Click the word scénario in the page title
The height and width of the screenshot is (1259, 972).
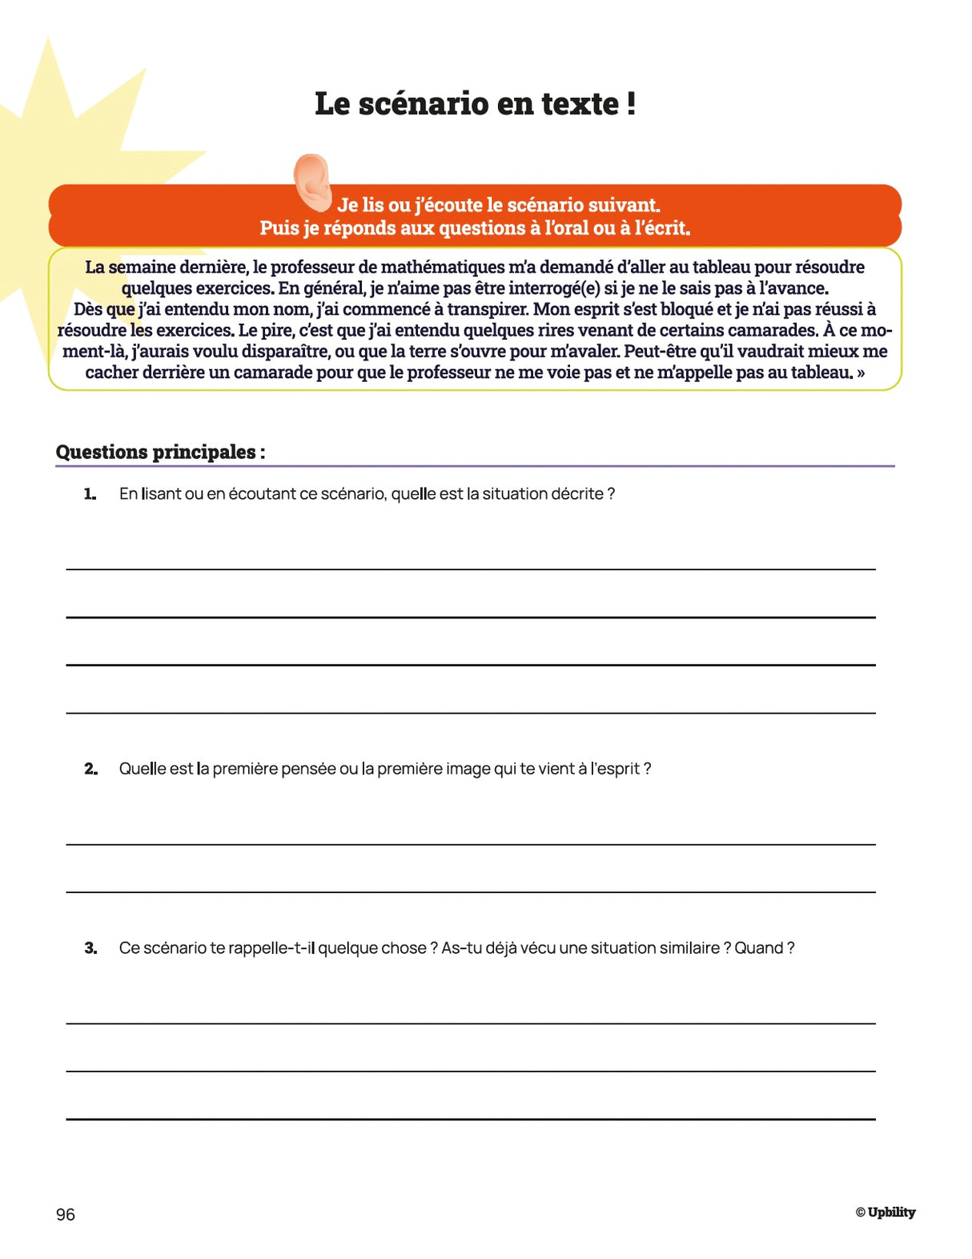(x=420, y=104)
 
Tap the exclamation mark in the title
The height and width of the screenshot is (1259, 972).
(x=632, y=104)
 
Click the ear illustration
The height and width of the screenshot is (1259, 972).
(x=312, y=182)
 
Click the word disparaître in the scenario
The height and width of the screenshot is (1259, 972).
(x=279, y=352)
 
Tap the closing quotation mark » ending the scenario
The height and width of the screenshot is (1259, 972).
(x=860, y=373)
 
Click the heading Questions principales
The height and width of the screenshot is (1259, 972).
(x=160, y=453)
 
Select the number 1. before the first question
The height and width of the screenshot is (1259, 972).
(x=90, y=495)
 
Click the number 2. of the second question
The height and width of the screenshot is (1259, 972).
(x=90, y=770)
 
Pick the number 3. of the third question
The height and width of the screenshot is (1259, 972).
(x=90, y=949)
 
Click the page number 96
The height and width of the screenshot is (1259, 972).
(x=66, y=1215)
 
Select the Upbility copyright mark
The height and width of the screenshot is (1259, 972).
(x=885, y=1213)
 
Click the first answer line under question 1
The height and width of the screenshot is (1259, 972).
(x=471, y=569)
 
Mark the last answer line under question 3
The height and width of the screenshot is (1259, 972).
(x=471, y=1119)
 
